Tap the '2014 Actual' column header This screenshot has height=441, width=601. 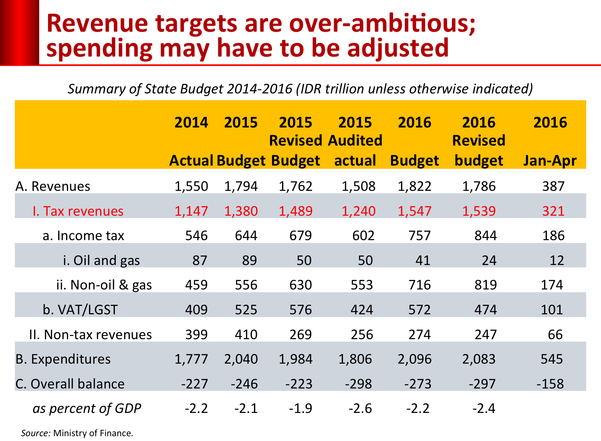point(191,141)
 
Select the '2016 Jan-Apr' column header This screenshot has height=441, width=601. point(550,141)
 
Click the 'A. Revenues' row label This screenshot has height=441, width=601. point(53,186)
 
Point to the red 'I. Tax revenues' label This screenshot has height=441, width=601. point(78,211)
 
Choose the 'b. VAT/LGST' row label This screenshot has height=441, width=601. point(80,310)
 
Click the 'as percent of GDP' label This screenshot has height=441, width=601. point(87,409)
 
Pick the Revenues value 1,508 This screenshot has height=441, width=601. point(358,186)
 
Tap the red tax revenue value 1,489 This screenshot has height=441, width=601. point(295,211)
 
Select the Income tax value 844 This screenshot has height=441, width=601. point(485,236)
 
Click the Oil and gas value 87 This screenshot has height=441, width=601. point(200,261)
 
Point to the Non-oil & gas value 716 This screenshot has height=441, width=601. point(419,285)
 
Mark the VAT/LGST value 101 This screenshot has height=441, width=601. point(552,310)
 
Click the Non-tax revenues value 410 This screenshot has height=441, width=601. point(246,335)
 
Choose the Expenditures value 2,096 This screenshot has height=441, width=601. point(414,359)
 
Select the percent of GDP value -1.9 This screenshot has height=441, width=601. point(300,409)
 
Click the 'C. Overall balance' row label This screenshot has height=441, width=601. point(70,384)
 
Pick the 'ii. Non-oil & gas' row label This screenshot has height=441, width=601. point(104,285)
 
